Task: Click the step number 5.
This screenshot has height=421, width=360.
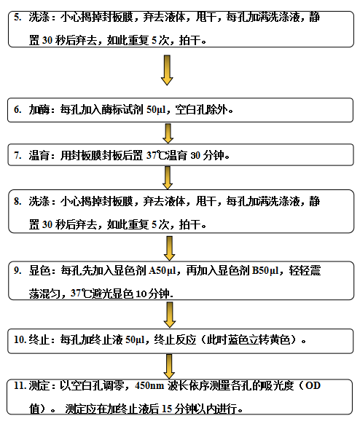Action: (17, 17)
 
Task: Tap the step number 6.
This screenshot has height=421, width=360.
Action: (17, 109)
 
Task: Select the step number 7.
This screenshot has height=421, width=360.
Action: (17, 155)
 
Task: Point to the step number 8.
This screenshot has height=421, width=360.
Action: (17, 201)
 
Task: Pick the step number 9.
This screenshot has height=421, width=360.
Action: (17, 270)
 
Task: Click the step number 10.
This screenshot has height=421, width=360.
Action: (20, 339)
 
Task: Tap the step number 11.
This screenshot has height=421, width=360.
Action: (20, 385)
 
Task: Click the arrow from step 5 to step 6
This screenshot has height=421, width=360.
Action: (167, 70)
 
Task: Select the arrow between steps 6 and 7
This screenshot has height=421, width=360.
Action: (168, 133)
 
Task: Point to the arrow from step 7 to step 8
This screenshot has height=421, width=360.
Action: (168, 178)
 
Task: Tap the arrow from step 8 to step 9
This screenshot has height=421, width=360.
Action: (169, 248)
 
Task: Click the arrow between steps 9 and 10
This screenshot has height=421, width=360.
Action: (170, 315)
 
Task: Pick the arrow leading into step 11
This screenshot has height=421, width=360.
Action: (169, 366)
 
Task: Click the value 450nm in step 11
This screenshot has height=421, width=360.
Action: (149, 386)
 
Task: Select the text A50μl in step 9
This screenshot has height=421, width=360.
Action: (162, 271)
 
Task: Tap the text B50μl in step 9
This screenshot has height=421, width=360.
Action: (265, 271)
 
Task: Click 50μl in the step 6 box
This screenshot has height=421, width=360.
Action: (156, 109)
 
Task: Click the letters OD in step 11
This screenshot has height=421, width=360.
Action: (313, 386)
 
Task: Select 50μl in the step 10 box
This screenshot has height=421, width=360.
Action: (135, 340)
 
